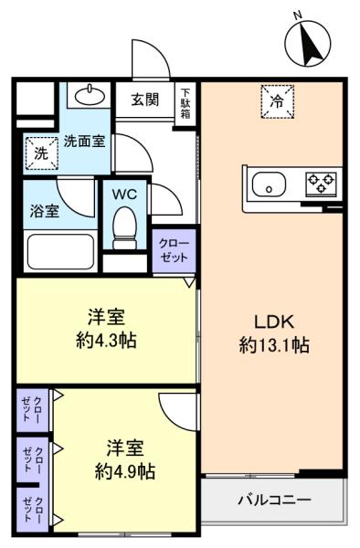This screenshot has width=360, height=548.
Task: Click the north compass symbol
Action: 308,43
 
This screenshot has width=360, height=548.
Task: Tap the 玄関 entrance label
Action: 145,100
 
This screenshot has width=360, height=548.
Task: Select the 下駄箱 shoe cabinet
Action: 185,104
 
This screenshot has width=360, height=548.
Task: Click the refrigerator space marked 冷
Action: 277,101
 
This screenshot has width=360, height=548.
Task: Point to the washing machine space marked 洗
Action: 41,153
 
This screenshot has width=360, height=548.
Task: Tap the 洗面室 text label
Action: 84,142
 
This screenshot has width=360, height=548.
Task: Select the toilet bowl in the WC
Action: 124,227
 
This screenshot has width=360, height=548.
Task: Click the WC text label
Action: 124,195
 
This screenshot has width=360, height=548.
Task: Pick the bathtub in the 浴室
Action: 60,251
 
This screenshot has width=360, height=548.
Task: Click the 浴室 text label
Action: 45,212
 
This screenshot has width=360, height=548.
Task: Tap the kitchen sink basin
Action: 270,184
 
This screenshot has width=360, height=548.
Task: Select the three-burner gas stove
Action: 322,184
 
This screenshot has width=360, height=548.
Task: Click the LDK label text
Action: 274,321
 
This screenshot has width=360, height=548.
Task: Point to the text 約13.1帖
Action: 274,345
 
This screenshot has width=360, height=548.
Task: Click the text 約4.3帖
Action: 106,340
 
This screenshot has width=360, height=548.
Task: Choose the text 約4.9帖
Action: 125,472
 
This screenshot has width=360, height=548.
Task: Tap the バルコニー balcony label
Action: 274,500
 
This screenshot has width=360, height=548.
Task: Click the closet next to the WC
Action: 174,250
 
